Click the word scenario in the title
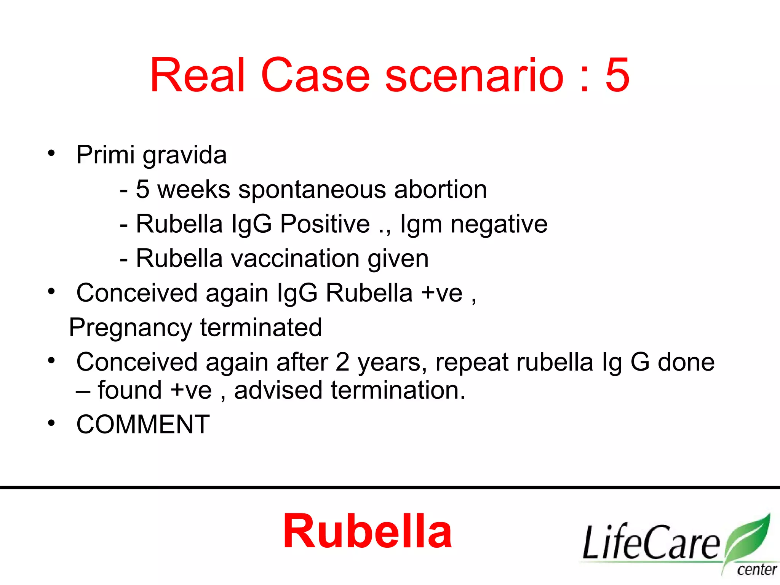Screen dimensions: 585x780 (x=474, y=75)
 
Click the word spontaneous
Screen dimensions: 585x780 (x=312, y=190)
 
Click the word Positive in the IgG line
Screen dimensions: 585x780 (x=325, y=224)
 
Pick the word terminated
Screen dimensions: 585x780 (x=261, y=327)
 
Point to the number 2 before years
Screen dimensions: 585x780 (x=342, y=362)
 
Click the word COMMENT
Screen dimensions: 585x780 (x=143, y=424)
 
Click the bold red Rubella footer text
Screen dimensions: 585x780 (x=367, y=531)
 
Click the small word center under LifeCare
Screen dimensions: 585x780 (x=756, y=570)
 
